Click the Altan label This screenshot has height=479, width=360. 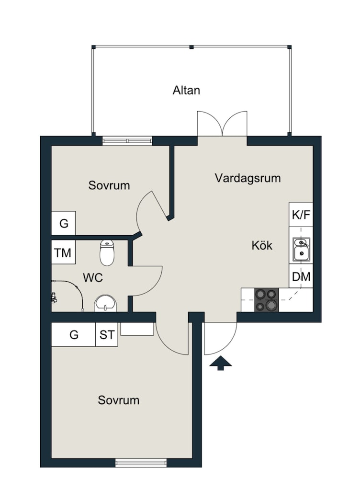tap(186, 90)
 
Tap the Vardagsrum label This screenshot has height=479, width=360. tap(247, 179)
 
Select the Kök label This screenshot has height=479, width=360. tap(262, 246)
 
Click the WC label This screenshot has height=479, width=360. tap(92, 277)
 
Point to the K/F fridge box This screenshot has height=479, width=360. tap(301, 215)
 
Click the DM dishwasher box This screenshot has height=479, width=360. tap(301, 276)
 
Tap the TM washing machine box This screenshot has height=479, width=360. tap(63, 252)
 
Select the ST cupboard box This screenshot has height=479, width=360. tap(107, 335)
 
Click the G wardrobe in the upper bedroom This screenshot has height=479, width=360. tap(64, 223)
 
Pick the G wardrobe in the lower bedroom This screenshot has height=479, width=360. tap(74, 335)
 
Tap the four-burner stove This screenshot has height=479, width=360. tap(266, 300)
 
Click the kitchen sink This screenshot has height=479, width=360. tap(301, 250)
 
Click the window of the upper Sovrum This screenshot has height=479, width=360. tap(127, 140)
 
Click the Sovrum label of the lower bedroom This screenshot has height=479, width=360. tap(119, 400)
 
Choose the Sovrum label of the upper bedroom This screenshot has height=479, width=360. tap(109, 185)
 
